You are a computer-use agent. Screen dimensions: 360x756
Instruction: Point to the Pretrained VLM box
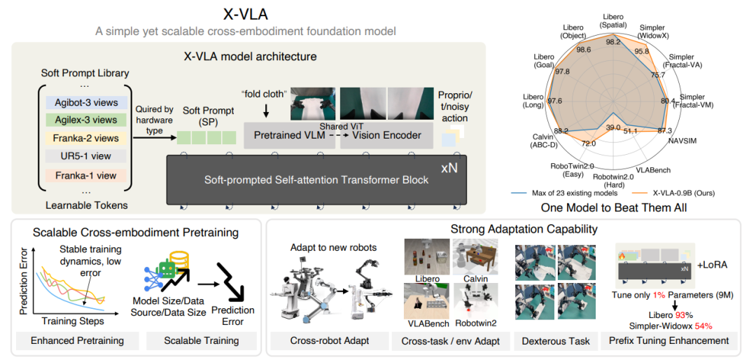pyautogui.click(x=289, y=135)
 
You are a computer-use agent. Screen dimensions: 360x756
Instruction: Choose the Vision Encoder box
pyautogui.click(x=386, y=135)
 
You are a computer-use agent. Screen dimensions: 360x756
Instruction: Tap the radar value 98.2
pyautogui.click(x=614, y=42)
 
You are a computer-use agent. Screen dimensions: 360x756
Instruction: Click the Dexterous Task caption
pyautogui.click(x=554, y=340)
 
